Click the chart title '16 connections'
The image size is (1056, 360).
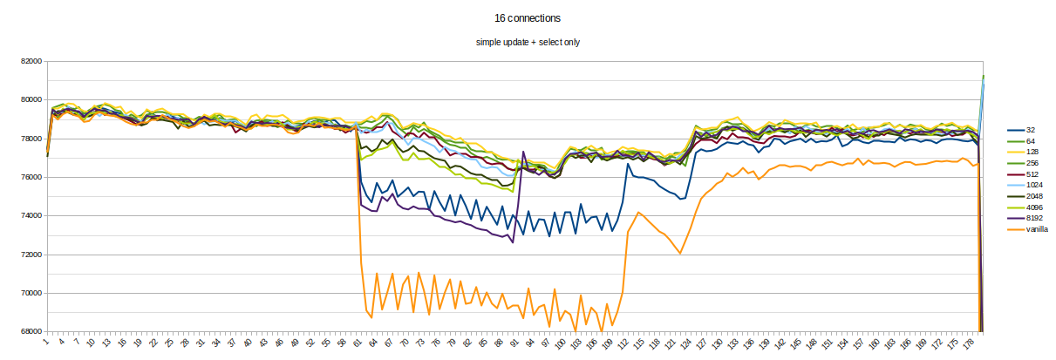(527, 17)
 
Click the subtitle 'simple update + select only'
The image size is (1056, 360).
(527, 42)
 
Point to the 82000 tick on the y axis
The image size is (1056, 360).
(32, 61)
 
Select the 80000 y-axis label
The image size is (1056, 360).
(32, 99)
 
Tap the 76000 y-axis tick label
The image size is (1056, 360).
(32, 177)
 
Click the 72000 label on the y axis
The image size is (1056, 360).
(32, 255)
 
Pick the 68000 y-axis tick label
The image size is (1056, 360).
(32, 331)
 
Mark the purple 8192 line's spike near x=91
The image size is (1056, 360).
(523, 152)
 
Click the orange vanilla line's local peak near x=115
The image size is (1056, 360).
(639, 212)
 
